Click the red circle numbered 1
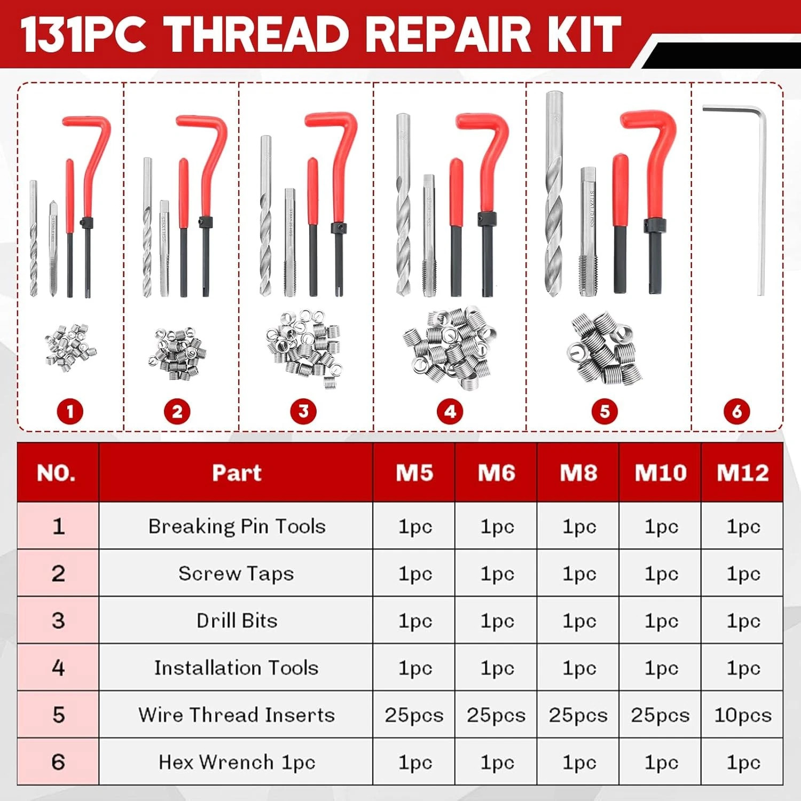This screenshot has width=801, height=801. pos(70,412)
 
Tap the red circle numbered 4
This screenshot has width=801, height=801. pos(450,412)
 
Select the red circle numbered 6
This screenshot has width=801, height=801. pos(737,412)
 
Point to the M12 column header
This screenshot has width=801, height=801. pos(742,473)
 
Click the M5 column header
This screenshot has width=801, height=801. pos(414,473)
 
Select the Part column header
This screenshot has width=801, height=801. pos(236,473)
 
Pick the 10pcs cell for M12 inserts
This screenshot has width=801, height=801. pos(742,715)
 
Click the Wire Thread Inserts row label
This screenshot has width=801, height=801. pos(236,715)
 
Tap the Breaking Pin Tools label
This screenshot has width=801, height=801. pos(236,527)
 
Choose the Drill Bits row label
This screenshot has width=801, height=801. pos(236,621)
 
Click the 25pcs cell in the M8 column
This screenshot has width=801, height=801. pos(578,715)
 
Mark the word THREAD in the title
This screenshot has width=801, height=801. pos(263,34)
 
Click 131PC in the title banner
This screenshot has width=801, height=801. pos(83,34)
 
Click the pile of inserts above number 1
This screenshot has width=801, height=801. pos(70,347)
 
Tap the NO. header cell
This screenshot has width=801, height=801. pos(57,473)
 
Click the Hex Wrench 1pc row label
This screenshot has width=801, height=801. pos(236,762)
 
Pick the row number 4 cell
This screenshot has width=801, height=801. pos(58,667)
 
